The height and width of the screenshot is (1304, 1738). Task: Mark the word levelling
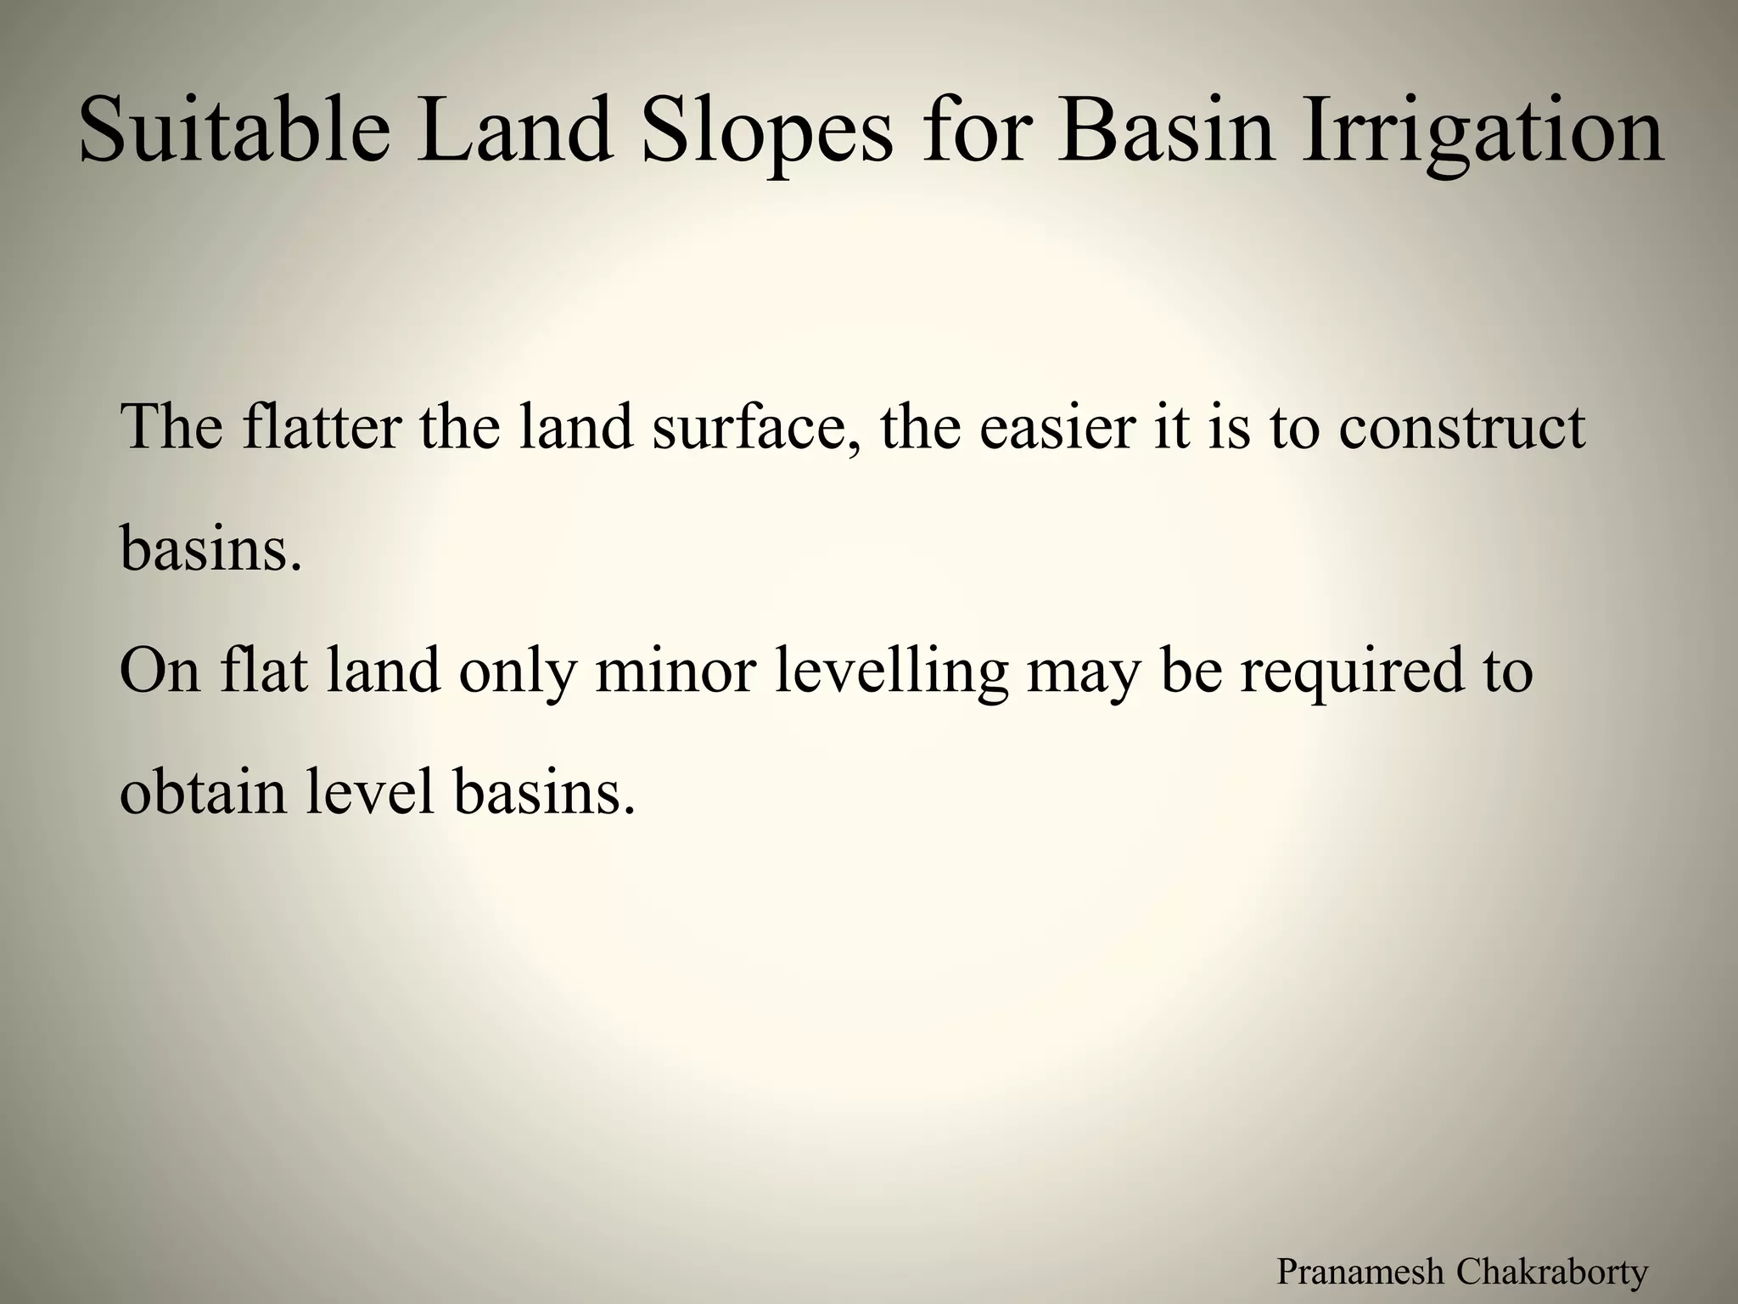(891, 671)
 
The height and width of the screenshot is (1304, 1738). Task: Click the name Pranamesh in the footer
(1360, 1272)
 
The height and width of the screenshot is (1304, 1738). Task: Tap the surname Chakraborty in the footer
(1552, 1272)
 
